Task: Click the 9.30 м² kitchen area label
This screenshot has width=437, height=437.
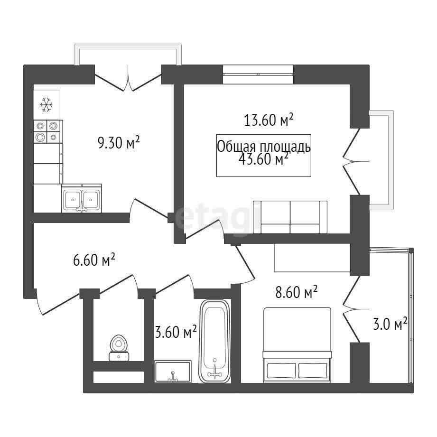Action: coord(119,142)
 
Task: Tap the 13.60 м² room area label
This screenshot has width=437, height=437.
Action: coord(269,120)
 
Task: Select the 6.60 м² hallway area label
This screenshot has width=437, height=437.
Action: coord(94,260)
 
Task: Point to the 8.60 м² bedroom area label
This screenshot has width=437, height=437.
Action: coord(297,292)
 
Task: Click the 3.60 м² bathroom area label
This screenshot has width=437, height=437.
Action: coord(176,331)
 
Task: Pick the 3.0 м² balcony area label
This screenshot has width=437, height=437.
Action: coord(390,324)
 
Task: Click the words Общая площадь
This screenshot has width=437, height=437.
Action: coord(264,147)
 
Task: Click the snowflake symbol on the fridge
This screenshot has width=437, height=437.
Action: coord(46,105)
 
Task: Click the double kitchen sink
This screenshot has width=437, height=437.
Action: coord(82,198)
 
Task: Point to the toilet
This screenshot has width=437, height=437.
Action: coord(120,348)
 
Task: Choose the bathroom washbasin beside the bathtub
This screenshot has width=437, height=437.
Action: coord(173,371)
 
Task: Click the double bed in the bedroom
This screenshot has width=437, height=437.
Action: coord(297,345)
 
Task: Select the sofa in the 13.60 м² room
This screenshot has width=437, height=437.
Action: coord(290,217)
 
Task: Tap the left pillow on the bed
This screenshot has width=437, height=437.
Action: coord(281,371)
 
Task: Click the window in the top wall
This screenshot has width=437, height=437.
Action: coord(258,74)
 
